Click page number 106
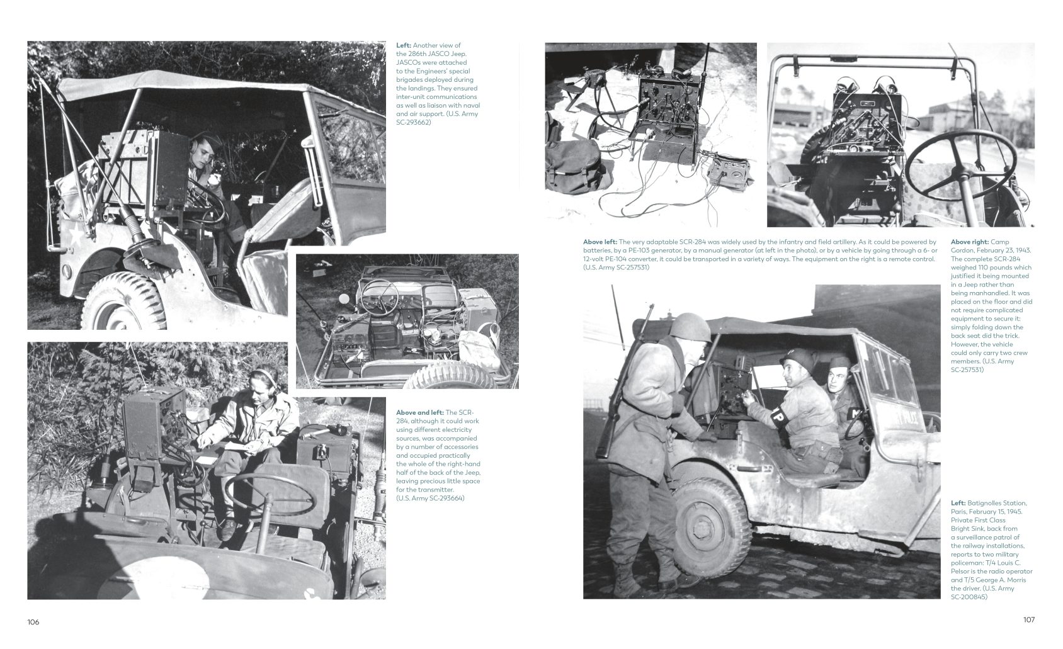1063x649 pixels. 33,622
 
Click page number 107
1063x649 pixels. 1028,619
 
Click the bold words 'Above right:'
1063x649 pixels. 969,242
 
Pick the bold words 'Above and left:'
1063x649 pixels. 419,412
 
